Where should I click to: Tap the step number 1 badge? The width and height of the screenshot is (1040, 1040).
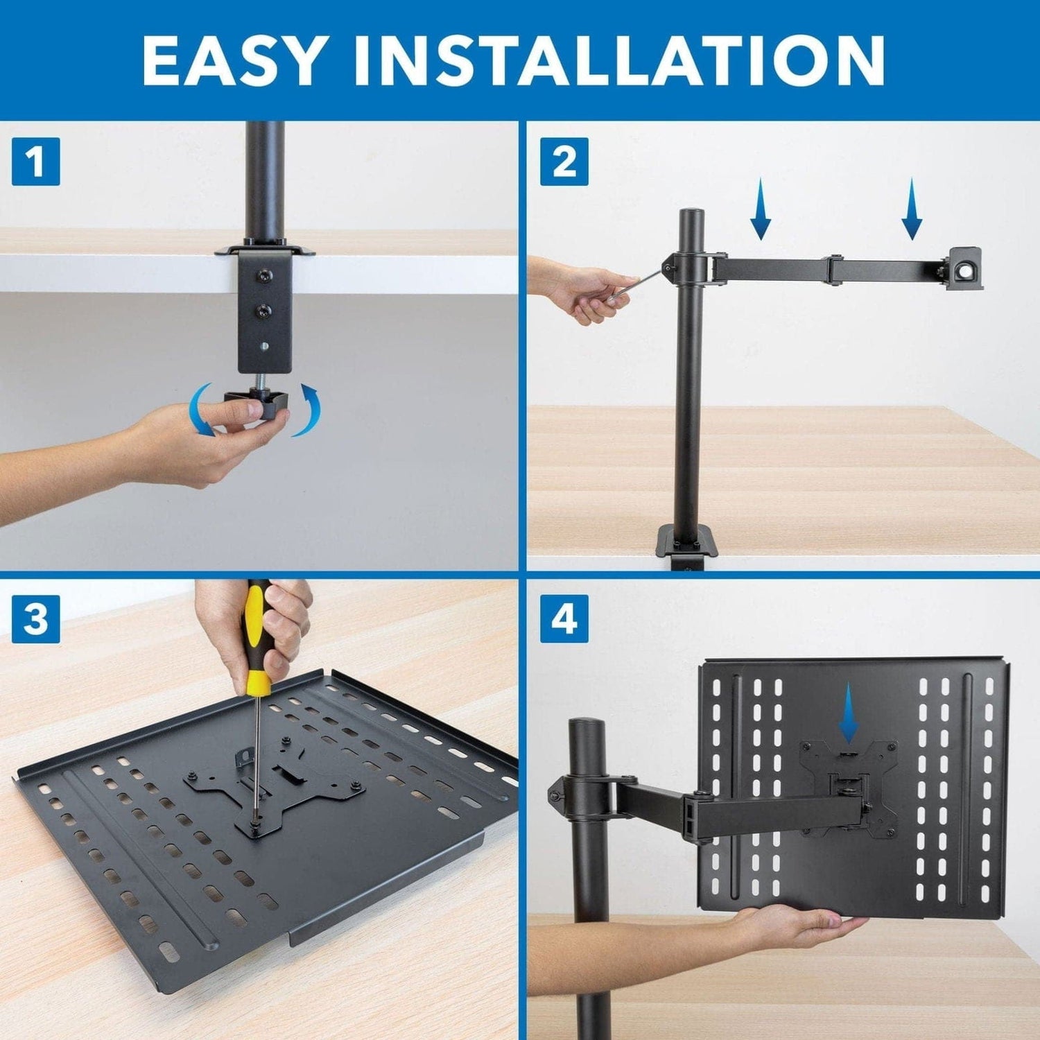tap(36, 162)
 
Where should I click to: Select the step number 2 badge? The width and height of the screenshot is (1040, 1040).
tap(564, 162)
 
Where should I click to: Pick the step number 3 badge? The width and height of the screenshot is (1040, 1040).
tap(36, 618)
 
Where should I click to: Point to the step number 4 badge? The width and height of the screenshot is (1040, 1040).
tap(564, 618)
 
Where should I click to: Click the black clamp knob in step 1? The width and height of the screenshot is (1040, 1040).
tap(256, 402)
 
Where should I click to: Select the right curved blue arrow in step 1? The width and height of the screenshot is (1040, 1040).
tap(309, 410)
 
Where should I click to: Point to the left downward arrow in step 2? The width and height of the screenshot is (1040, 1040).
tap(761, 208)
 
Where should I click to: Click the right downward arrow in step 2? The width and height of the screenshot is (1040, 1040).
tap(912, 208)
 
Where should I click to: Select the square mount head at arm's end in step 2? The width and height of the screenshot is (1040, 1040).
tap(964, 267)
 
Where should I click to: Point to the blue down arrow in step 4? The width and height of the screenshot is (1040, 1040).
tap(848, 718)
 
